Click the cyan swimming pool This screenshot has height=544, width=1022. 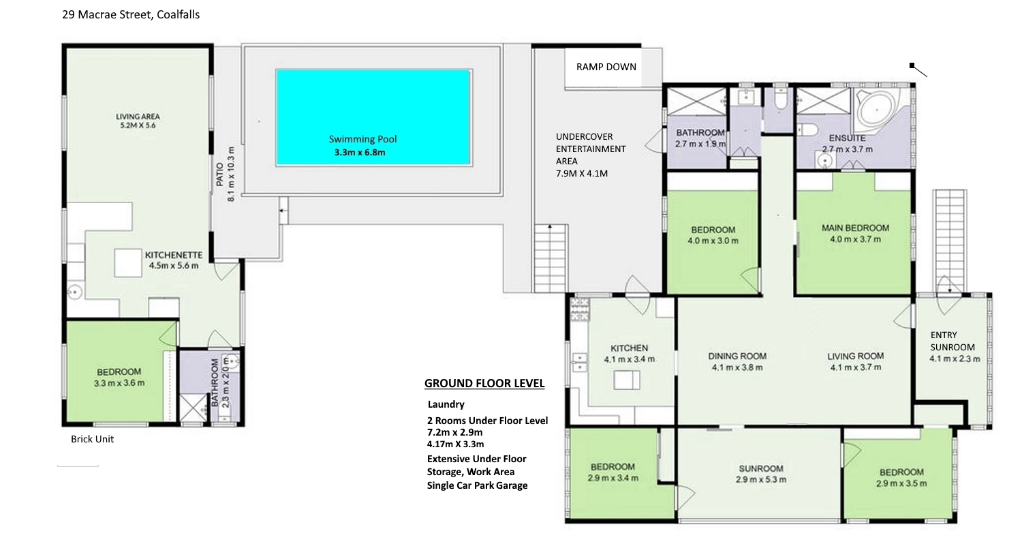(373, 117)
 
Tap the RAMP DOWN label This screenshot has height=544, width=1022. (606, 67)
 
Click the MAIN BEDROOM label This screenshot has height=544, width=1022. (855, 228)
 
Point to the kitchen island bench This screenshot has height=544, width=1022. (626, 380)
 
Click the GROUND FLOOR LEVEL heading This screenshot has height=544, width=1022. (484, 383)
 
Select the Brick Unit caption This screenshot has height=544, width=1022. (92, 439)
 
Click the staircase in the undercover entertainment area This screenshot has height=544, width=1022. (551, 258)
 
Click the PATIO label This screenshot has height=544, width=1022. (220, 175)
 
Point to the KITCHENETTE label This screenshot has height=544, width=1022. (173, 255)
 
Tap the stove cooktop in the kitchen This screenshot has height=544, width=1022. (579, 309)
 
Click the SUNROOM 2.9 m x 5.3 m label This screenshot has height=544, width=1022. (761, 474)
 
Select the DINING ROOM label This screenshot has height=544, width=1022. (737, 356)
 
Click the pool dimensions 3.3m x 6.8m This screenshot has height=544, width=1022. (360, 153)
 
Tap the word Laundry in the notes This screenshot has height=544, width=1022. (446, 404)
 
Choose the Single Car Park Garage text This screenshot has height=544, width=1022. (477, 485)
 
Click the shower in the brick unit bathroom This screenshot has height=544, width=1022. (193, 408)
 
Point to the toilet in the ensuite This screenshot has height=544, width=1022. (807, 130)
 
